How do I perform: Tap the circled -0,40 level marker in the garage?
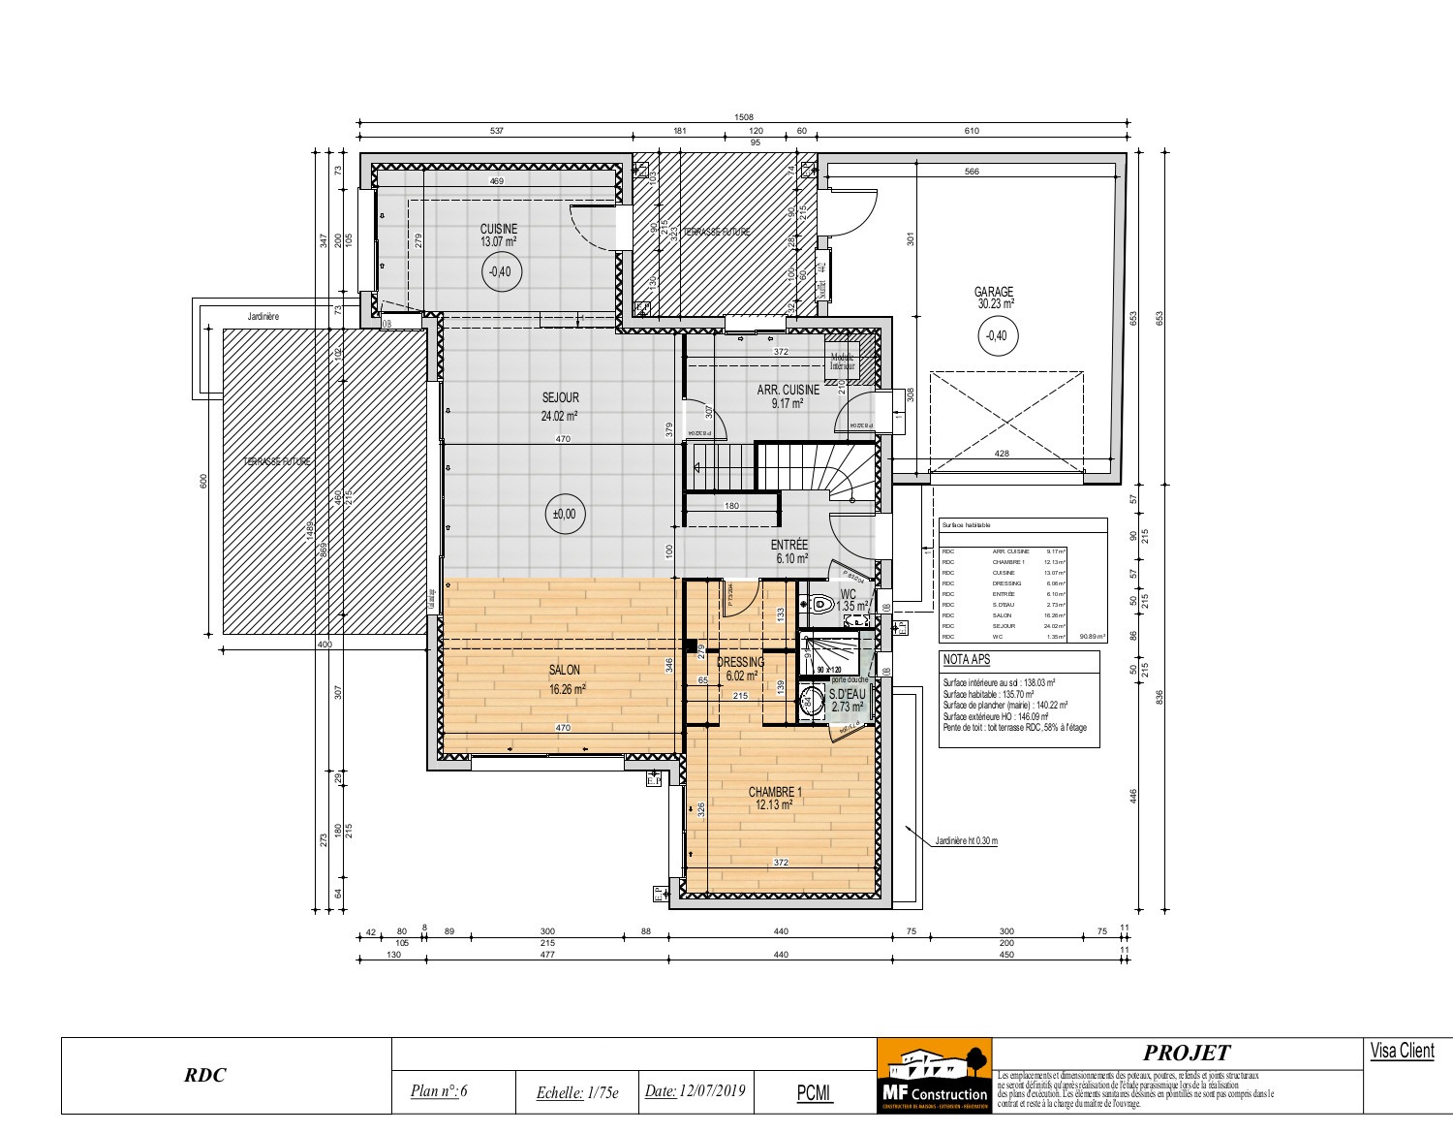[x=996, y=336]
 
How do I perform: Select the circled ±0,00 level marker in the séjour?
[x=564, y=514]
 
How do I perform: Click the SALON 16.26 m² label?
[x=566, y=679]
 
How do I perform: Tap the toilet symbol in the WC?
[x=821, y=604]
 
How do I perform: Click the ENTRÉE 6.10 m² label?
[x=789, y=551]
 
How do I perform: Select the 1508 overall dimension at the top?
[x=743, y=117]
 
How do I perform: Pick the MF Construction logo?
[x=934, y=1076]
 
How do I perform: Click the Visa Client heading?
[x=1402, y=1052]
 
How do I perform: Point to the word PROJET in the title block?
[x=1186, y=1053]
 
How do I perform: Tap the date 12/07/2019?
[x=696, y=1091]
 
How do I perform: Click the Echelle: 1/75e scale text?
[x=577, y=1092]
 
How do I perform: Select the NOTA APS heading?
[x=967, y=660]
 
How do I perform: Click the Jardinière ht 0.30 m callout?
[x=966, y=841]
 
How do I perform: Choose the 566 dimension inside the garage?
[x=972, y=172]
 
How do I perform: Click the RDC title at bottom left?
[x=205, y=1075]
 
